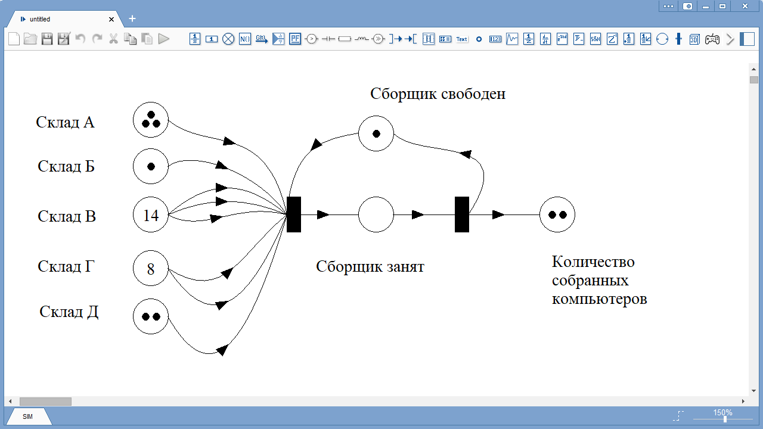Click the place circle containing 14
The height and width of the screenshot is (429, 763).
151,214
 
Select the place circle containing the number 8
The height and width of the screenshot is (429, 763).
151,268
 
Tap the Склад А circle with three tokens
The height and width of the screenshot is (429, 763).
151,120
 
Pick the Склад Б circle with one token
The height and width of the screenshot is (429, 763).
151,166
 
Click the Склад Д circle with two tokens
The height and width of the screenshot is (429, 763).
151,316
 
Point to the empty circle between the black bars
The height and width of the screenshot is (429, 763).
376,214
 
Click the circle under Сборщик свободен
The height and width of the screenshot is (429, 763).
376,133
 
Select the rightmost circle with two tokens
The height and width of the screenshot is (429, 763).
557,214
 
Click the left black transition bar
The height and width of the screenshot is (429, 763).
294,214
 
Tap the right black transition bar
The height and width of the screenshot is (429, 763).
462,214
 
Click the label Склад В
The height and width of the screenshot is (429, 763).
67,216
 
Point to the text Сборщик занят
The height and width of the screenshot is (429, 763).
370,267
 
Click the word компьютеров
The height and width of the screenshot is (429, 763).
599,300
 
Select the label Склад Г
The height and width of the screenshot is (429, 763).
66,266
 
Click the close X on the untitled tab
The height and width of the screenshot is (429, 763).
111,20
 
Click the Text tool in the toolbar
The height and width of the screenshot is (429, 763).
461,39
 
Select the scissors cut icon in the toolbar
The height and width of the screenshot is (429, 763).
113,39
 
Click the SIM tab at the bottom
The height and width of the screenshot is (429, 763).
27,416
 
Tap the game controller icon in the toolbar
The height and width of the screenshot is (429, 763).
712,39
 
